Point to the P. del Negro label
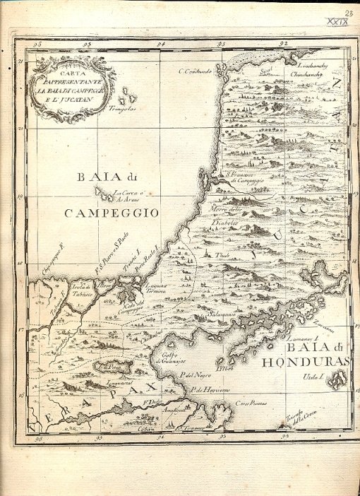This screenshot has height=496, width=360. point(195,374)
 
